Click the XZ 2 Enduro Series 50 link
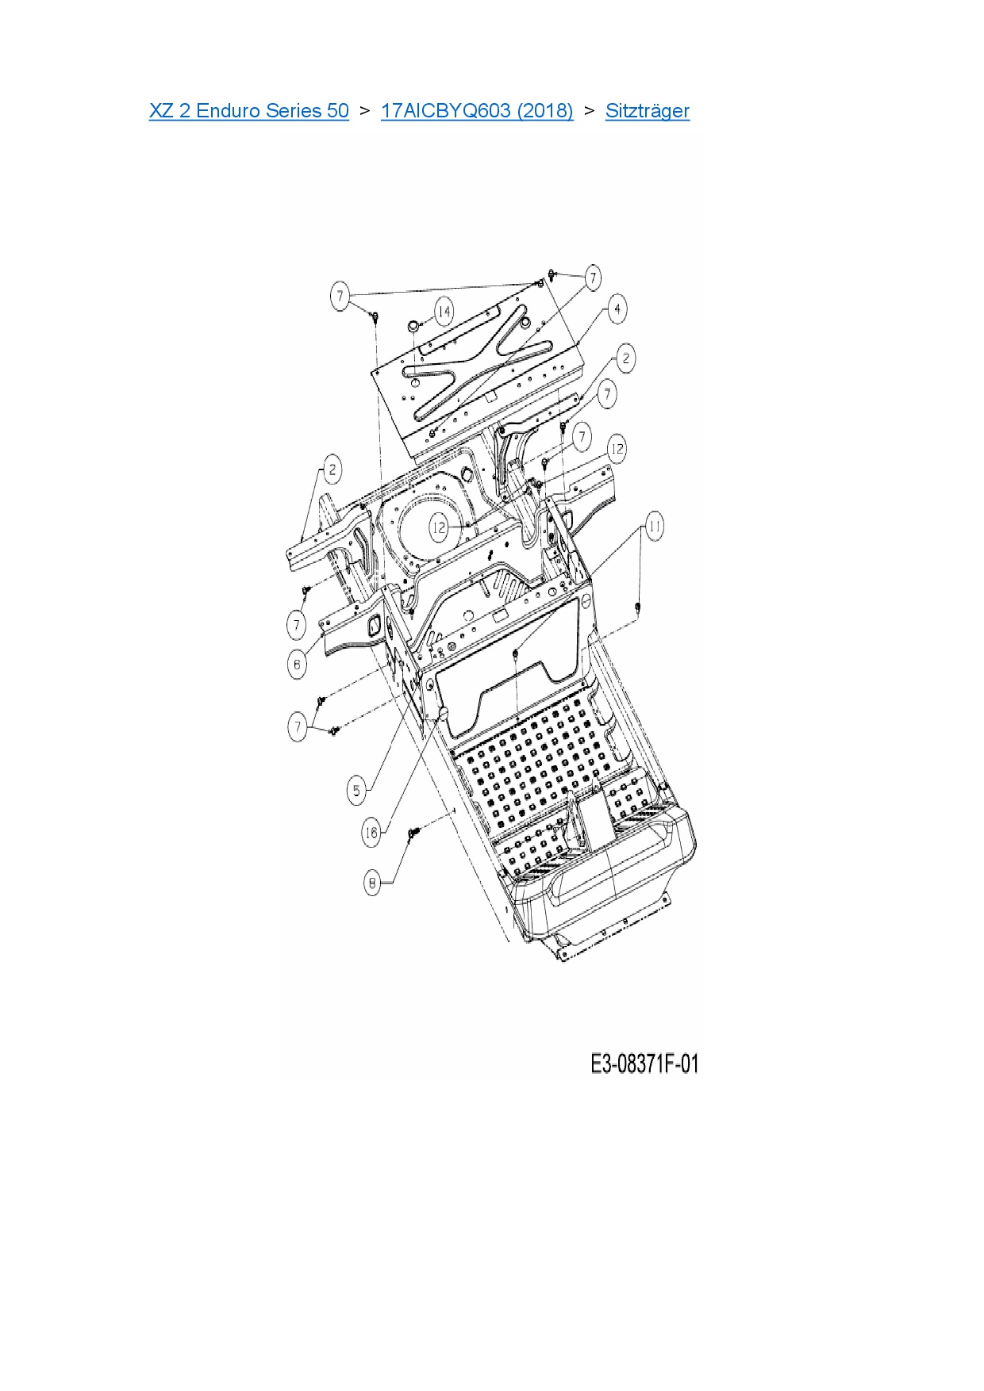tap(248, 111)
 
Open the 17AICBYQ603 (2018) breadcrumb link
tap(476, 111)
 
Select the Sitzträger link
tap(647, 111)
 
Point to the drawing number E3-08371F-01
tap(644, 1063)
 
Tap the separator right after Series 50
tap(364, 111)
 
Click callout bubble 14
tap(444, 312)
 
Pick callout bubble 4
tap(617, 309)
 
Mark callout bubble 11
tap(654, 527)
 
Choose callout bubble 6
tap(297, 664)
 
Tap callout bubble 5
tap(357, 790)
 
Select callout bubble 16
tap(371, 832)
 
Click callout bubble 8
tap(372, 883)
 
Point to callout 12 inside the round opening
tap(440, 527)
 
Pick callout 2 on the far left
tap(332, 469)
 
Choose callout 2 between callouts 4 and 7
tap(625, 358)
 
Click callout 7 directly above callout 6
tap(297, 625)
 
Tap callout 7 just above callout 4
tap(593, 278)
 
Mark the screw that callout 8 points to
tap(412, 833)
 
